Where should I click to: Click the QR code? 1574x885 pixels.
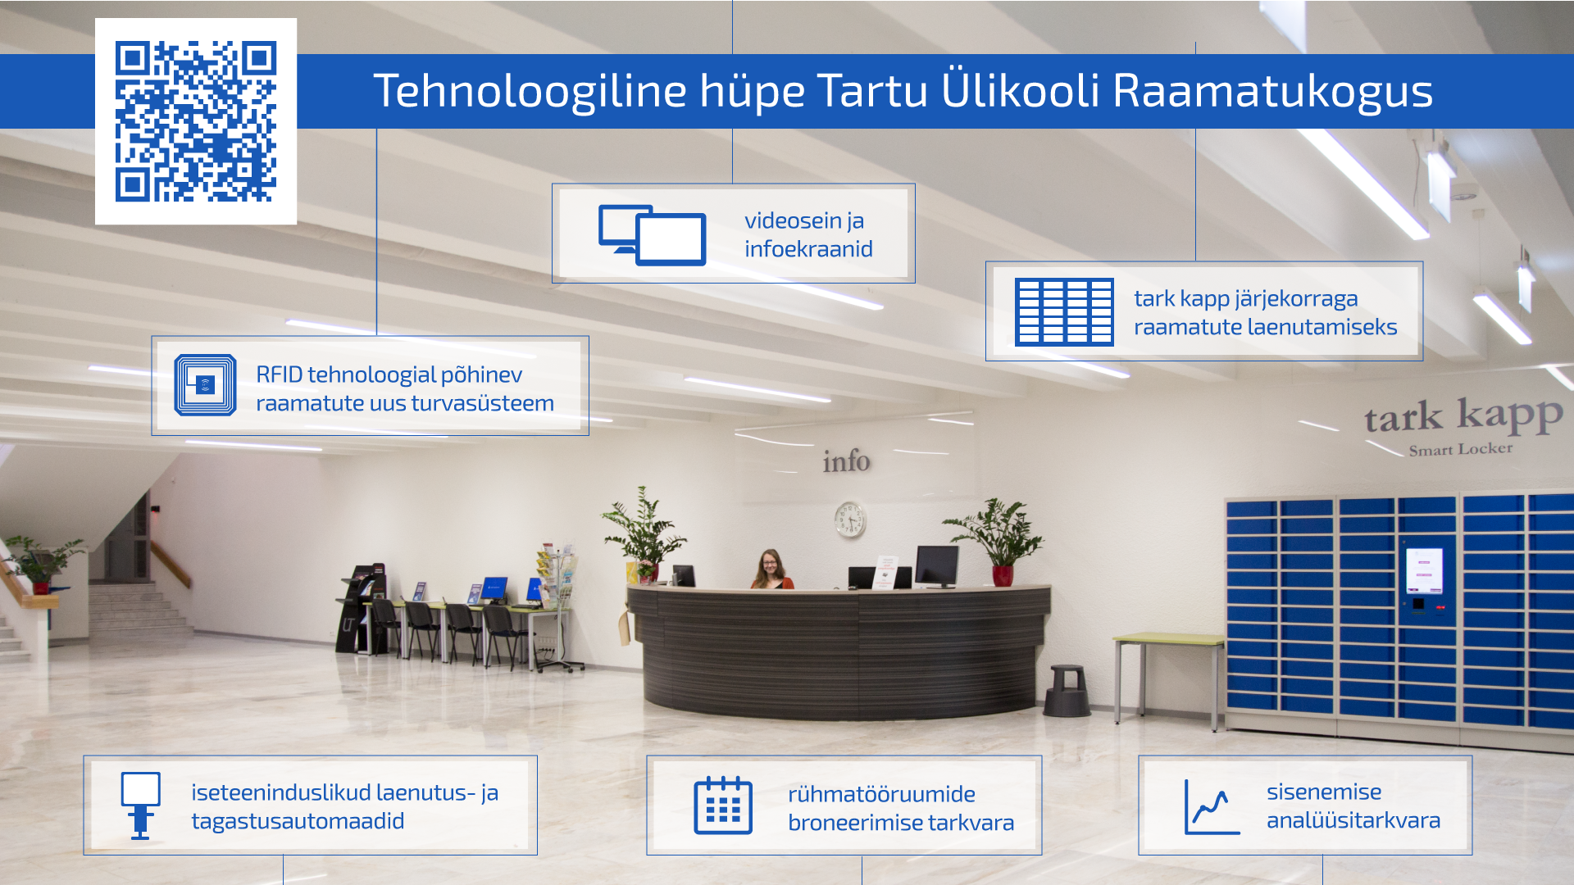coord(196,121)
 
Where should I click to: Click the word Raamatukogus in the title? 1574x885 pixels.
coord(1272,91)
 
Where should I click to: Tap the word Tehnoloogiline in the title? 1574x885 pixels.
coord(530,90)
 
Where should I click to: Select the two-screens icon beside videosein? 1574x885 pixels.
coord(653,235)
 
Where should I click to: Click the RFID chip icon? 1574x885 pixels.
coord(205,384)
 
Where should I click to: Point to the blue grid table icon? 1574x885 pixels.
coord(1064,311)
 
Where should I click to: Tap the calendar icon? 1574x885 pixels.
coord(723,806)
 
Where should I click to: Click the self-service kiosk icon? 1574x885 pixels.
coord(140,806)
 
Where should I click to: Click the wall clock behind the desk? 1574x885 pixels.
coord(850,520)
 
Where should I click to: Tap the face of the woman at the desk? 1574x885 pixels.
coord(771,563)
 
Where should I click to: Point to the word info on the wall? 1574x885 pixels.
coord(846,461)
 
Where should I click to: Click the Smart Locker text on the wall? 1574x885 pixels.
coord(1461,449)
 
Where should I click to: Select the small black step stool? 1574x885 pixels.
coord(1067,691)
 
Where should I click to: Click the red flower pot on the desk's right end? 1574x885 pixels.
coord(1002,575)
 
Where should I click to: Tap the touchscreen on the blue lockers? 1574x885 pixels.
coord(1424,570)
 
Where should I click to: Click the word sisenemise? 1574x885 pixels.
coord(1324,792)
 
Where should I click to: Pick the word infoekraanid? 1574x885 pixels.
coord(808,249)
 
